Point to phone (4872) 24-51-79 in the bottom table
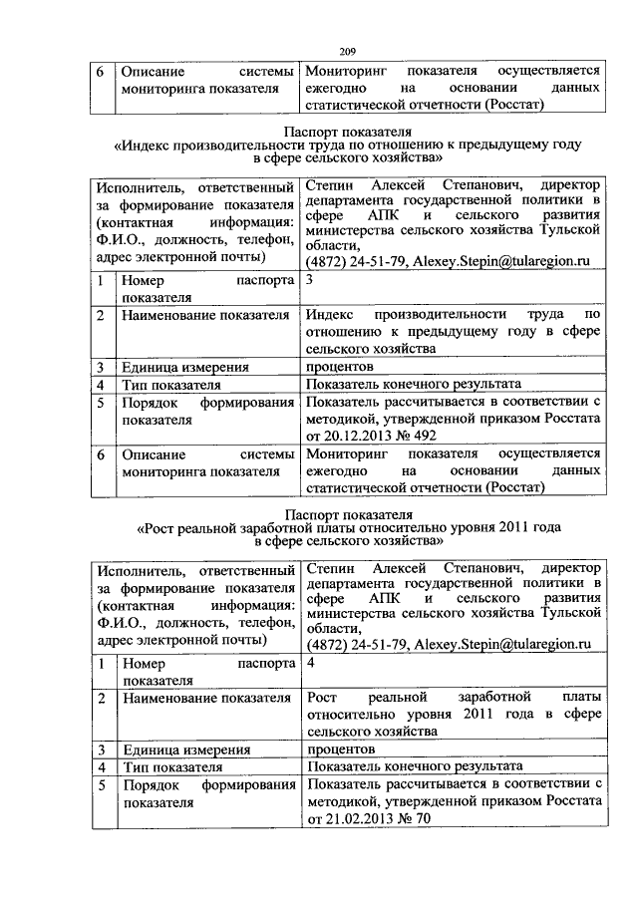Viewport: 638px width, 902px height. tap(356, 645)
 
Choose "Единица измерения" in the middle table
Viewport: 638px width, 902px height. tap(184, 366)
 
